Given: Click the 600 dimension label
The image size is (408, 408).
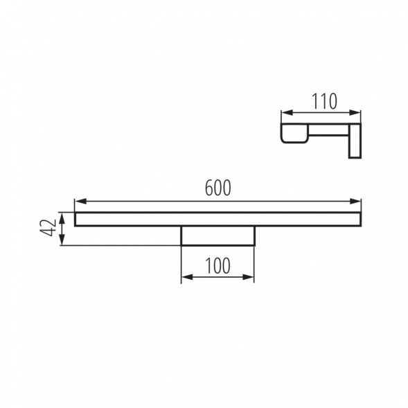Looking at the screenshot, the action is [x=218, y=188].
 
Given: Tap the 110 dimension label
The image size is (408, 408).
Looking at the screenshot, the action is [x=324, y=101].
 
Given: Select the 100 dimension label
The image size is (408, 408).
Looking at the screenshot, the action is [x=218, y=266].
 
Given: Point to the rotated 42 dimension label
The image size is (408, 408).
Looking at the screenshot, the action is [x=48, y=228].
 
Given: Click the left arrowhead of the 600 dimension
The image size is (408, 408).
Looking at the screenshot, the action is [x=80, y=201].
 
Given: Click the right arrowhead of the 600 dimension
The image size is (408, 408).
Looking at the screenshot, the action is [x=355, y=201].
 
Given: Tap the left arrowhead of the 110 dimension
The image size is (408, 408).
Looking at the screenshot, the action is [x=287, y=113].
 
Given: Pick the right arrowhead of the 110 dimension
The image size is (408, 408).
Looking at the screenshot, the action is [x=355, y=113].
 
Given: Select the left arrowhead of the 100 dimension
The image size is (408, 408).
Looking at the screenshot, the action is [x=187, y=277].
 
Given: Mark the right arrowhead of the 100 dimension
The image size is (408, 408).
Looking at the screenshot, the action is [x=248, y=277].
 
